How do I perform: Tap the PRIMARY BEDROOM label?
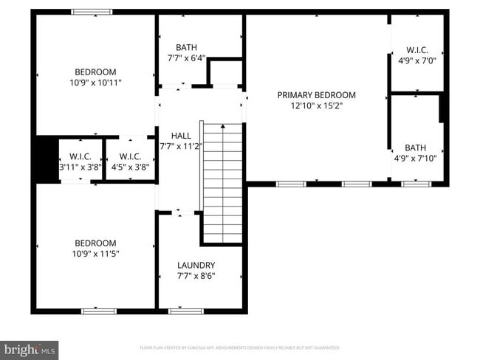point(316,95)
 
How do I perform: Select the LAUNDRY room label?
point(196,266)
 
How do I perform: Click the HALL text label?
point(181,136)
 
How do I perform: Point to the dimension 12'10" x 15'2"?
point(316,106)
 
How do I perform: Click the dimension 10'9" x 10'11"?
point(95,83)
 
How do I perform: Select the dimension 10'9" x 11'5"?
point(95,254)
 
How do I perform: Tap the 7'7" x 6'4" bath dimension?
point(186,58)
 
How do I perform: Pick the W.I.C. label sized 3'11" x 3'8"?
point(80,156)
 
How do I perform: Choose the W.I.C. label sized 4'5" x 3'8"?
point(130,156)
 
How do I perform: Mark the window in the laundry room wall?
point(185,311)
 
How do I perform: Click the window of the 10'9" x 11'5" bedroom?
point(98,311)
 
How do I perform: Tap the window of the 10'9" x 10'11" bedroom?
point(92,12)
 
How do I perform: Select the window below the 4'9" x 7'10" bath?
point(416,184)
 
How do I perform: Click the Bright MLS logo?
point(30,349)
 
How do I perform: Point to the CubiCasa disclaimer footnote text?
point(239,347)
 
